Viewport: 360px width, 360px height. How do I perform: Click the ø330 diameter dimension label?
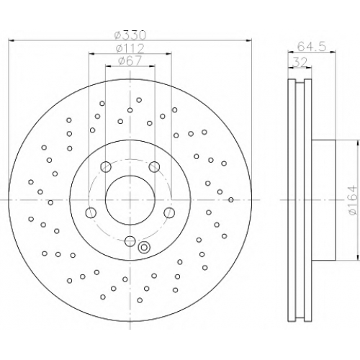[130, 36]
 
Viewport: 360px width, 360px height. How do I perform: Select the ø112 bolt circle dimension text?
[130, 49]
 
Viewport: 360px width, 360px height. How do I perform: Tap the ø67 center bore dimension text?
[130, 61]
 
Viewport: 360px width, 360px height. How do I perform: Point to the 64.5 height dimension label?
[312, 46]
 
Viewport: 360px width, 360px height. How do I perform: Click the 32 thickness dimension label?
[300, 63]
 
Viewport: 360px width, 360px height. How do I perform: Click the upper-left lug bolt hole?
[106, 167]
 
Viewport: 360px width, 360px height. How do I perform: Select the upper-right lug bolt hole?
[154, 167]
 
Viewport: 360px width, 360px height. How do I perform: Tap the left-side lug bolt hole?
[91, 213]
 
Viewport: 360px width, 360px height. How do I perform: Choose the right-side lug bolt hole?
[169, 213]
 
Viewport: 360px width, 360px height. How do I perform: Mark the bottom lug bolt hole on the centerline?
[130, 241]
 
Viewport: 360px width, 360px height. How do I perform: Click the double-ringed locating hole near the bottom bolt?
[144, 247]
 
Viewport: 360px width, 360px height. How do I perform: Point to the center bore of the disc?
[130, 200]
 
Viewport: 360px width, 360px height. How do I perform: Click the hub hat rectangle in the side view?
[323, 200]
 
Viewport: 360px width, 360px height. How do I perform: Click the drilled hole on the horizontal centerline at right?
[231, 199]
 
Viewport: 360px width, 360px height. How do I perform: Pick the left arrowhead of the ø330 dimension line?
[12, 40]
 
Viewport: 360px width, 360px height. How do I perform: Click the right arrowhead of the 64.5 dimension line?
[333, 51]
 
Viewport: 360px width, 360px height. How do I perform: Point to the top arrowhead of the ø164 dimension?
[359, 143]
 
